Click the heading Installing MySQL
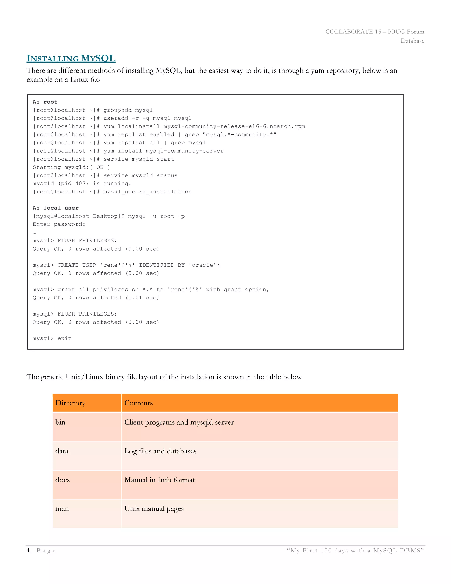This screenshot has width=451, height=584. (71, 58)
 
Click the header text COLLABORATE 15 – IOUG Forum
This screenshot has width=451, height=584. (374, 32)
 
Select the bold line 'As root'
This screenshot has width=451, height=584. (45, 102)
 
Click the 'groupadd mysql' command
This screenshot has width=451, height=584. (128, 110)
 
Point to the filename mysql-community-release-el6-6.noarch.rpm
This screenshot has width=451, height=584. (234, 126)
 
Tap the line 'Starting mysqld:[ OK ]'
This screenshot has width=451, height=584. (71, 167)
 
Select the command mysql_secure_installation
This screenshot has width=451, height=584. (148, 192)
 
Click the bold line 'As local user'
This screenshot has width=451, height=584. (55, 208)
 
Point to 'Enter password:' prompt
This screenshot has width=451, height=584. (59, 224)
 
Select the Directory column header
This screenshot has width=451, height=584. (70, 403)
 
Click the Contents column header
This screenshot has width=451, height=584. (138, 403)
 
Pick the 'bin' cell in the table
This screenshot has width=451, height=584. (60, 422)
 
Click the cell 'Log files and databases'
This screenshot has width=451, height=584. (160, 451)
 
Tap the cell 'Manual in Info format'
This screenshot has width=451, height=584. (159, 480)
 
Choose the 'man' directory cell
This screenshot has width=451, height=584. (62, 509)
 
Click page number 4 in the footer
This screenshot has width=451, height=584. (28, 551)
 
